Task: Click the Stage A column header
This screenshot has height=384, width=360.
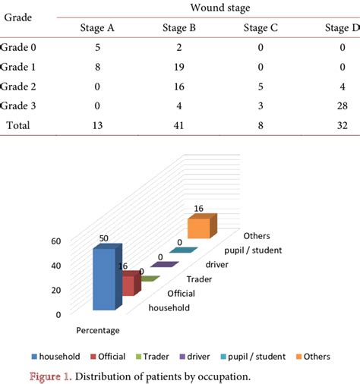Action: (x=96, y=29)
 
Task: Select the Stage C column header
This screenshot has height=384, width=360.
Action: (x=260, y=29)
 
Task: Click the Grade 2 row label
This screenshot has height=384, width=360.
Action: (x=18, y=87)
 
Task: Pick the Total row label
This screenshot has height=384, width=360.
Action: (x=18, y=126)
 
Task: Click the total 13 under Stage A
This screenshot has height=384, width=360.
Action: (x=96, y=126)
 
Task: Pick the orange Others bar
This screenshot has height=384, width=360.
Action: (x=201, y=227)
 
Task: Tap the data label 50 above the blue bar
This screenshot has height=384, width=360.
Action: (x=105, y=238)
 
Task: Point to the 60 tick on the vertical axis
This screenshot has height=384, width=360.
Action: (x=55, y=241)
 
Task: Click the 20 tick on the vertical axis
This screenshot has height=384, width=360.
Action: (x=55, y=290)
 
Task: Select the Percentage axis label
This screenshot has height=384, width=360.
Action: (x=97, y=330)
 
